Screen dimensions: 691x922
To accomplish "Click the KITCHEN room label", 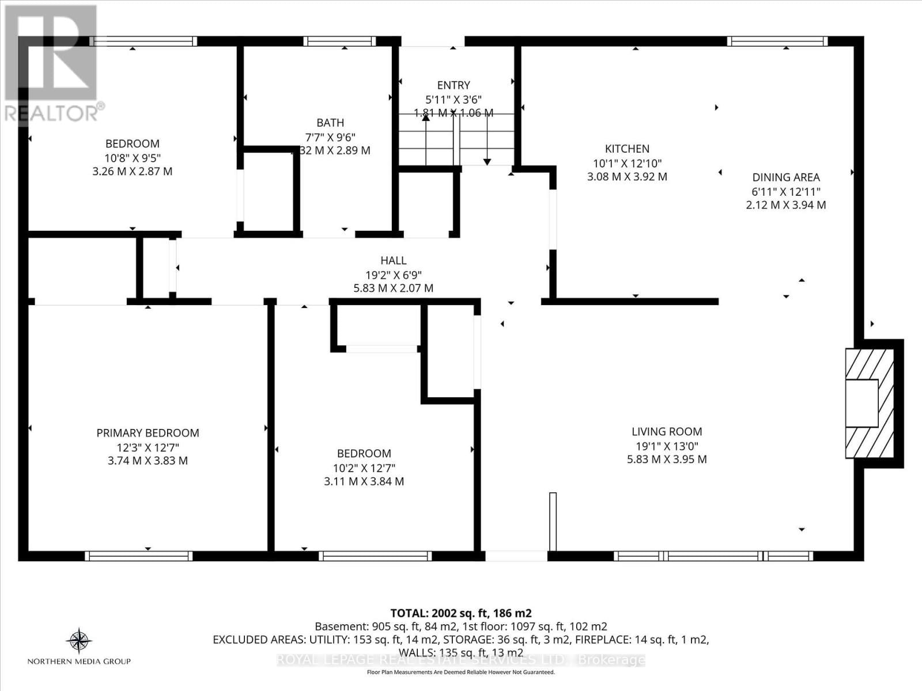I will pyautogui.click(x=627, y=149).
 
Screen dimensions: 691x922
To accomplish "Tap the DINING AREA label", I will pyautogui.click(x=786, y=177).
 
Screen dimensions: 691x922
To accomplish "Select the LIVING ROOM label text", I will pyautogui.click(x=667, y=431).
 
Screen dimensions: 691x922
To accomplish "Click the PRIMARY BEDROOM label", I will pyautogui.click(x=148, y=433).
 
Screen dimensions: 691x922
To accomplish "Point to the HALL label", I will pyautogui.click(x=393, y=261).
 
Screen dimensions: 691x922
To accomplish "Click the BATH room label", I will pyautogui.click(x=330, y=123).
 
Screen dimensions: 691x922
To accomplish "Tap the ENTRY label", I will pyautogui.click(x=454, y=85).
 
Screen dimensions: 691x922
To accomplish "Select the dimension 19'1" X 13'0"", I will pyautogui.click(x=667, y=446).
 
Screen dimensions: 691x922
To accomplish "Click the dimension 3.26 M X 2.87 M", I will pyautogui.click(x=132, y=172).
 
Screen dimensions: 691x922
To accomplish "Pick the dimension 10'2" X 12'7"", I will pyautogui.click(x=364, y=468).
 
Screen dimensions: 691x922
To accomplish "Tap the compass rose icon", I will pyautogui.click(x=79, y=641).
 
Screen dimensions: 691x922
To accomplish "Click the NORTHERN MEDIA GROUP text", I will pyautogui.click(x=79, y=661).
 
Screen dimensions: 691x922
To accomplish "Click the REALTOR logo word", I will pyautogui.click(x=52, y=113).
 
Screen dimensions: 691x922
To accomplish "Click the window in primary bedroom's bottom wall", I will pyautogui.click(x=138, y=556).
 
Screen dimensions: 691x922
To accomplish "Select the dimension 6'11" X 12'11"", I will pyautogui.click(x=786, y=192).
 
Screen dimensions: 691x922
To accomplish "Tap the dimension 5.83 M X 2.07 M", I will pyautogui.click(x=393, y=288).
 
